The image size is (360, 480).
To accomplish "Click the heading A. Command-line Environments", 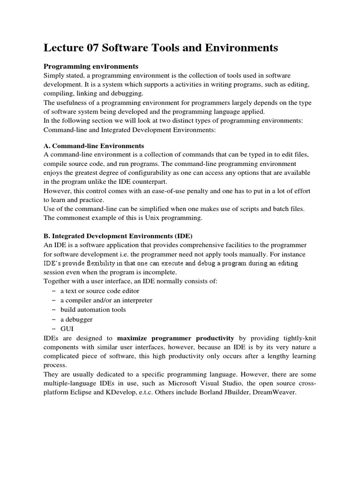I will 94,146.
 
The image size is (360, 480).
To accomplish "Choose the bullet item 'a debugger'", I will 76,319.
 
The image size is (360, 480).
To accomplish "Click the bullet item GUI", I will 67,329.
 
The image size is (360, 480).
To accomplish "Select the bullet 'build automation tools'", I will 93,310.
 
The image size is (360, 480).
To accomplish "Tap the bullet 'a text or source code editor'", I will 99,291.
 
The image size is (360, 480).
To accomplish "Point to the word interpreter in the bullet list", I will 136,300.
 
